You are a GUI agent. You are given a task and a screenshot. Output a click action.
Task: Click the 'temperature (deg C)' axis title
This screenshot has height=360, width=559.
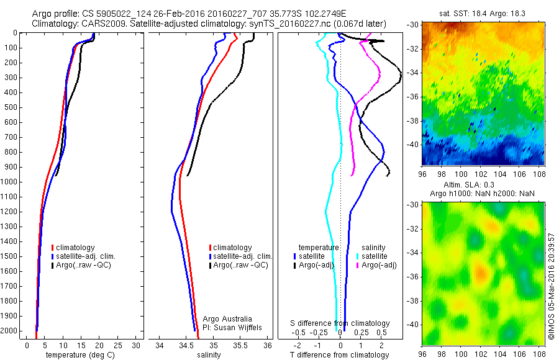78,355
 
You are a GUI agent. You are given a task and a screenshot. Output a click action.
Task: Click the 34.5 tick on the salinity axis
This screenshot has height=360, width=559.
186,345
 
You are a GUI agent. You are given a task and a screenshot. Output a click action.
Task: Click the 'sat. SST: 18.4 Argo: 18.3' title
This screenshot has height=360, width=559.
484,12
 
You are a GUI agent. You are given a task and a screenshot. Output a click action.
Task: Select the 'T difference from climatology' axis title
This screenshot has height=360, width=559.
340,355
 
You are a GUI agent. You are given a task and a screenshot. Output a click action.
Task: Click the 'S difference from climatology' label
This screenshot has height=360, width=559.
340,323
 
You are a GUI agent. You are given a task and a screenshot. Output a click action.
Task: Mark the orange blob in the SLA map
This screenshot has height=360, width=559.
480,271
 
